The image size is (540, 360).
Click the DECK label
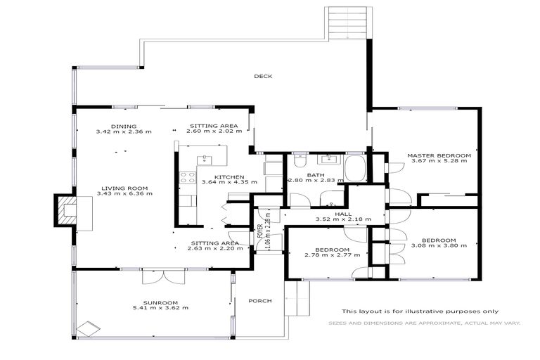tap(263, 77)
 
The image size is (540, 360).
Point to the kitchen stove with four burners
tap(187, 178)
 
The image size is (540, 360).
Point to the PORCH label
tap(259, 300)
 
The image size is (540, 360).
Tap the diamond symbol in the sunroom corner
tap(88, 328)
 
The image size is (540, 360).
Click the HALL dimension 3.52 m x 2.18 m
tap(342, 219)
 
